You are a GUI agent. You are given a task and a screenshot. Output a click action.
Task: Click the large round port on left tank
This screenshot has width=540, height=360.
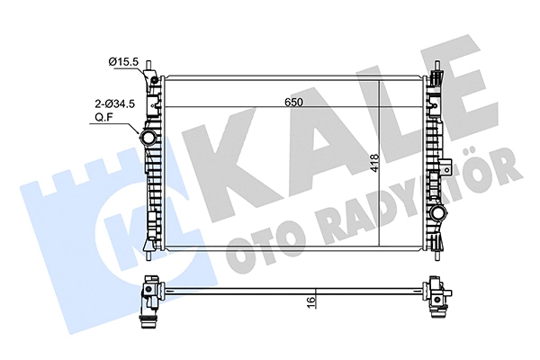pos(149,139)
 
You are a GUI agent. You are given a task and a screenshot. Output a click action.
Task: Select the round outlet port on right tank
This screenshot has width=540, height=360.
pos(440,213)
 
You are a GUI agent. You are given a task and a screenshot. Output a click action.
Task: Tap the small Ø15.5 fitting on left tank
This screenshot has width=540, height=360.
pos(154,82)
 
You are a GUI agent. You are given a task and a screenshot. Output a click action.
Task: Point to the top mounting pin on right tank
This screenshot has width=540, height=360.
pos(437,67)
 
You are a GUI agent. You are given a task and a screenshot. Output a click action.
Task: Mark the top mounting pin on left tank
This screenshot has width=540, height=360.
pos(154,67)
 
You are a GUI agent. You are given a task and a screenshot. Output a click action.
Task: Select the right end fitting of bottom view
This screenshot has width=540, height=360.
pos(440,301)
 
